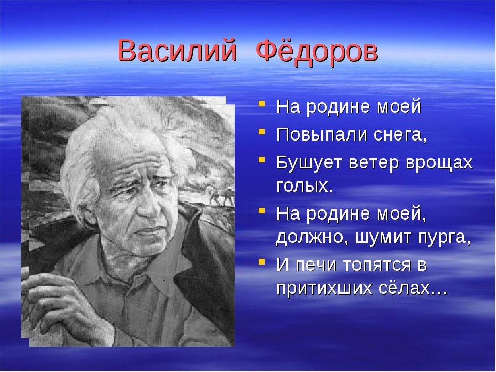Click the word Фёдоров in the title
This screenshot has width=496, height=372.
tap(317, 51)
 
